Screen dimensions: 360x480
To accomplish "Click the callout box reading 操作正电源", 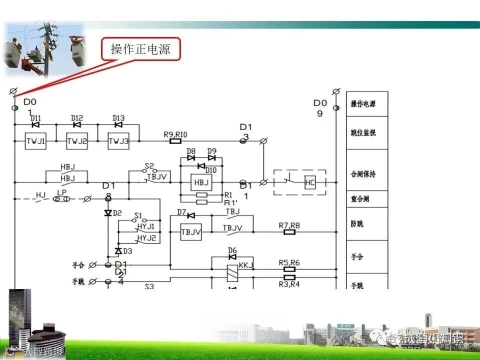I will pyautogui.click(x=140, y=49).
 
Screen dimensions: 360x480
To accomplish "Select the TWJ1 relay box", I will pyautogui.click(x=35, y=141).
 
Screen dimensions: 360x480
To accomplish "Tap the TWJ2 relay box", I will pyautogui.click(x=77, y=141).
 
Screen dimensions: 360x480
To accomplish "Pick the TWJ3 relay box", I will pyautogui.click(x=118, y=141).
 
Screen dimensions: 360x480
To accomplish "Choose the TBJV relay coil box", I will pyautogui.click(x=190, y=231).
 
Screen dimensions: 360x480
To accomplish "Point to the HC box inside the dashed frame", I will pyautogui.click(x=310, y=182).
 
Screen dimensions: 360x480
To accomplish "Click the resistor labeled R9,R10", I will pyautogui.click(x=175, y=141).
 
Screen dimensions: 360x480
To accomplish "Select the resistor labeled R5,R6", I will pyautogui.click(x=289, y=269).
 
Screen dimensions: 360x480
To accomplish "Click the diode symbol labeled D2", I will pyautogui.click(x=107, y=213).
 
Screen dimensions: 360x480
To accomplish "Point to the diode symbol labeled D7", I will pyautogui.click(x=190, y=215).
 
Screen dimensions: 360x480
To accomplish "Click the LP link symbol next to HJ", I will pyautogui.click(x=62, y=199).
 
